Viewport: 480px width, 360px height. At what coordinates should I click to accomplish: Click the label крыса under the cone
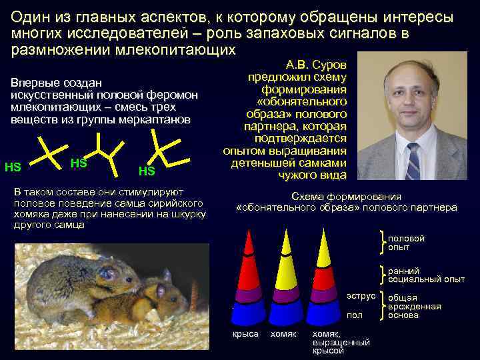245,333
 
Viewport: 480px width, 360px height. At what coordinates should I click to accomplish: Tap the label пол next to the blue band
355,314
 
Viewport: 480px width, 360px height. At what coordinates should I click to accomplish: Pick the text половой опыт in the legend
406,243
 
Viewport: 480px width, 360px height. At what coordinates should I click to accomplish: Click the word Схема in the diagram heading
306,197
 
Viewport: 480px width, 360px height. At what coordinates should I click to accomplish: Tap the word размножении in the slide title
53,50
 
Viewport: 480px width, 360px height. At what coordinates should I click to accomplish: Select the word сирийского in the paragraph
174,203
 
